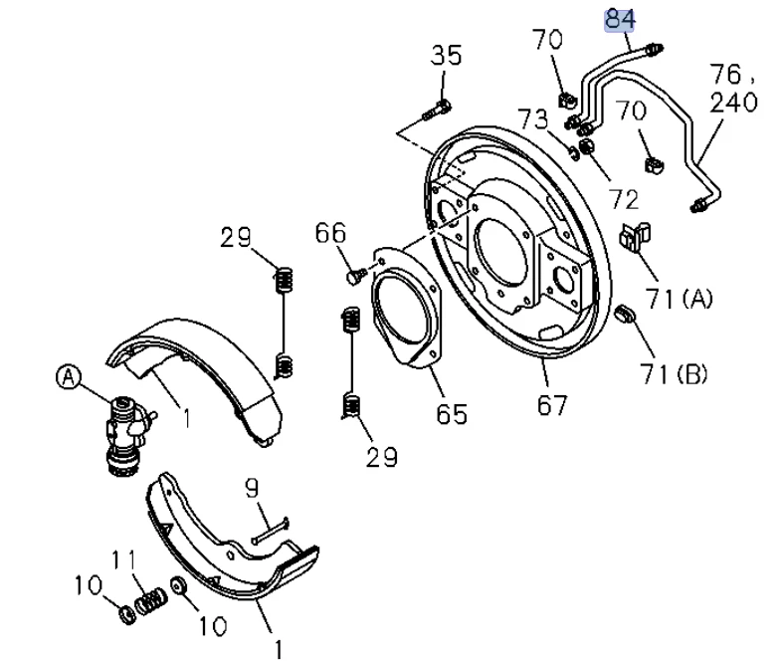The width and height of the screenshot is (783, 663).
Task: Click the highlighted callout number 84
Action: pos(619,20)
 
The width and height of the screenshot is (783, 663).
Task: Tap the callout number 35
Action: pos(446,56)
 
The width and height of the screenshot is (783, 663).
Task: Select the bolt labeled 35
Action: pos(437,110)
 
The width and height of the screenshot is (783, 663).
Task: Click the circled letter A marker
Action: pos(69,377)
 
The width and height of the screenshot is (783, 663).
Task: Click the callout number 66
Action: pos(330,233)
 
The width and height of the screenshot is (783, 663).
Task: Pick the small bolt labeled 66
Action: pos(355,277)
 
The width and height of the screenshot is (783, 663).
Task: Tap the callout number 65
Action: pos(452,414)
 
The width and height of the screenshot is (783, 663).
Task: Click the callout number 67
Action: pos(552,405)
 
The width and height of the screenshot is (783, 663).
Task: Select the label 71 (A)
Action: pos(680,299)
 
